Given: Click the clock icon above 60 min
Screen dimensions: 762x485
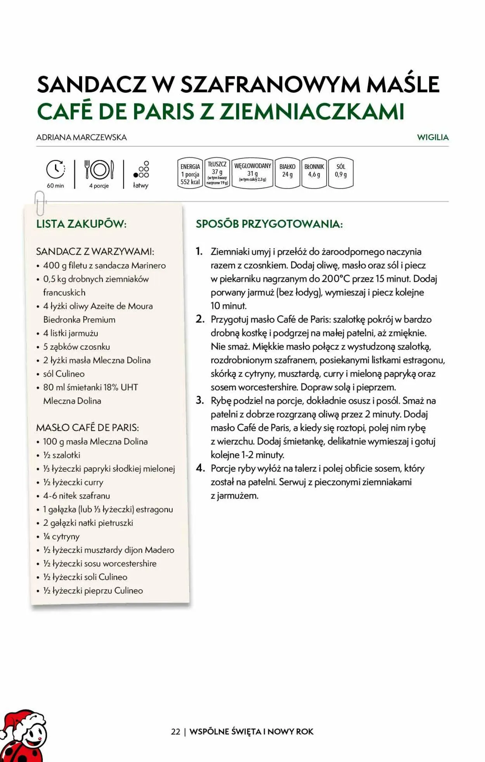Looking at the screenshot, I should pyautogui.click(x=55, y=169).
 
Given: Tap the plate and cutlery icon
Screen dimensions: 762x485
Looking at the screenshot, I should pyautogui.click(x=99, y=170).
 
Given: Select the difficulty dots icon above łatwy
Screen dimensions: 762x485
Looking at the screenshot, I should pyautogui.click(x=141, y=170).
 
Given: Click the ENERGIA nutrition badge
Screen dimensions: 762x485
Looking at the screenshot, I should pyautogui.click(x=190, y=173).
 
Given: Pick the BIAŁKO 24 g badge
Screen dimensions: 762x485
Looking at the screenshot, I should pyautogui.click(x=287, y=173).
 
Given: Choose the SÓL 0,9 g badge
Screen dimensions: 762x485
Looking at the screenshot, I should pyautogui.click(x=341, y=173).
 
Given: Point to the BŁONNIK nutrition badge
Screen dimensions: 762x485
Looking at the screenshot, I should pyautogui.click(x=314, y=173).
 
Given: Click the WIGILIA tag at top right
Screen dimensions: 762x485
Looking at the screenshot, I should pyautogui.click(x=433, y=137).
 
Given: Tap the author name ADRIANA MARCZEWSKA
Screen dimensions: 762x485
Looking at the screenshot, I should pyautogui.click(x=81, y=137).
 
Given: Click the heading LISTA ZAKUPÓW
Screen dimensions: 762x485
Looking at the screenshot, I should pyautogui.click(x=81, y=224).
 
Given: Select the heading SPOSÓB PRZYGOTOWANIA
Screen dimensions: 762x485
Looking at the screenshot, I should pyautogui.click(x=269, y=224).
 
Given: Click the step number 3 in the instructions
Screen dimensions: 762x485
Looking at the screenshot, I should pyautogui.click(x=200, y=400).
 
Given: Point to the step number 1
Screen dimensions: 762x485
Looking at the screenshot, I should pyautogui.click(x=199, y=251).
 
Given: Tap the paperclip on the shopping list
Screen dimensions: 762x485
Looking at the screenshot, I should pyautogui.click(x=40, y=203).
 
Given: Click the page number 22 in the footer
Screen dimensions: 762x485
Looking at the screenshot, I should pyautogui.click(x=175, y=731).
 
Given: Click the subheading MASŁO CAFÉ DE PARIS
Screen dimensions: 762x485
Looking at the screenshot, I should pyautogui.click(x=87, y=427).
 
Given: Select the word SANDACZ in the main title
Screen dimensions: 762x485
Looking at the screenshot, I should pyautogui.click(x=92, y=84).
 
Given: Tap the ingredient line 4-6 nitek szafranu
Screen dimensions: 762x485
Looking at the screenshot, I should pyautogui.click(x=76, y=496).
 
